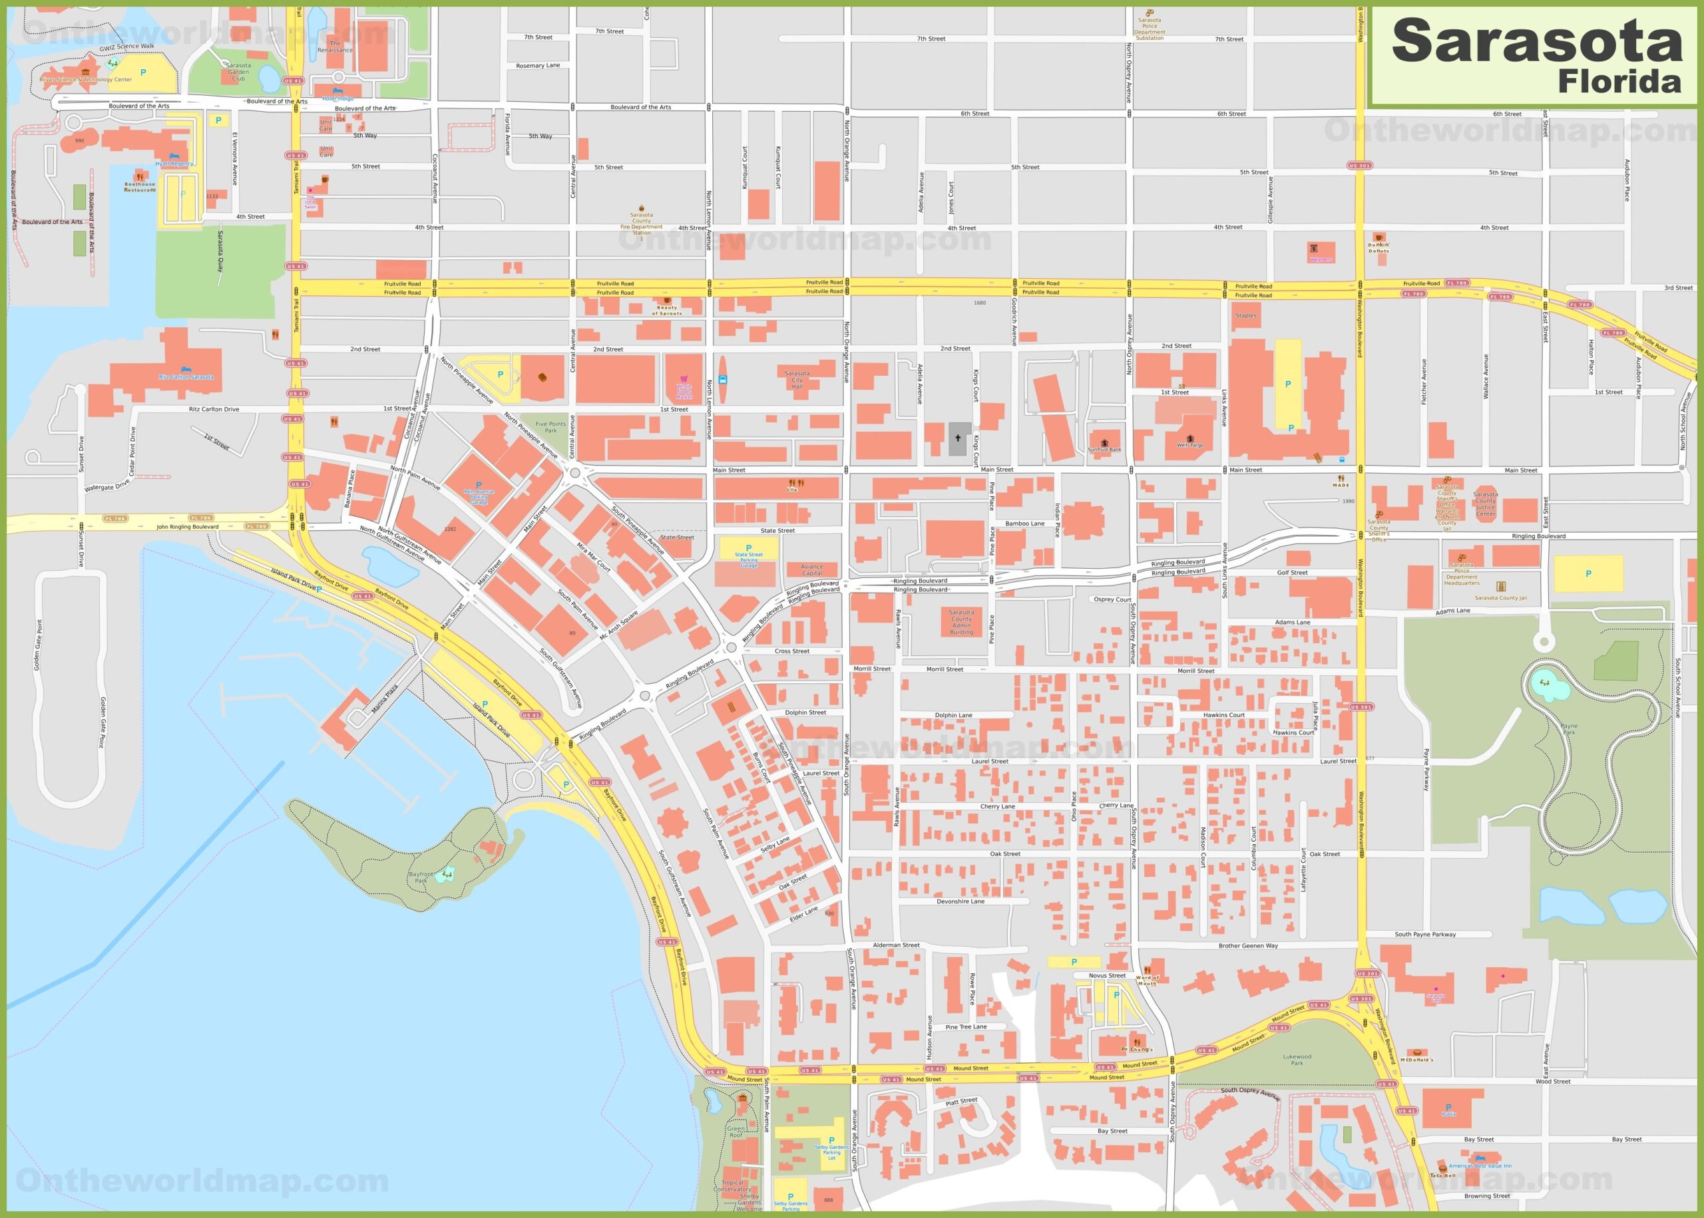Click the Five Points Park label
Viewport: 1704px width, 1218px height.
pyautogui.click(x=550, y=427)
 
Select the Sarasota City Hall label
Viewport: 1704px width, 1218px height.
pyautogui.click(x=797, y=379)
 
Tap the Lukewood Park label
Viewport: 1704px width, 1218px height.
pyautogui.click(x=1297, y=1059)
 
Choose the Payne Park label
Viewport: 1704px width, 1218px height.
pyautogui.click(x=1569, y=729)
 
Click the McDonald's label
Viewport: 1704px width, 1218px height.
pyautogui.click(x=1416, y=1059)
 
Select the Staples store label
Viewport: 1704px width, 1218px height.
pyautogui.click(x=1245, y=316)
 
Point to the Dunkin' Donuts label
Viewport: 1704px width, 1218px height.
pyautogui.click(x=1379, y=247)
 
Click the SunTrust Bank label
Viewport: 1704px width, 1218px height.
pyautogui.click(x=1104, y=449)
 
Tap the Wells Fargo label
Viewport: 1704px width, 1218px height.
pyautogui.click(x=1190, y=445)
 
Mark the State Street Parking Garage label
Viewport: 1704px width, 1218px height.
pyautogui.click(x=748, y=558)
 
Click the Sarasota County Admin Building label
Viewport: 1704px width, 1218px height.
pyautogui.click(x=961, y=622)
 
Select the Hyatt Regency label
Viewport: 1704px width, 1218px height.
pyautogui.click(x=174, y=164)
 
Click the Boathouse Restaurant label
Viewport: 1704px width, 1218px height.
pyautogui.click(x=140, y=187)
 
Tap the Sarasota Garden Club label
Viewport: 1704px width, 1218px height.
pyautogui.click(x=238, y=72)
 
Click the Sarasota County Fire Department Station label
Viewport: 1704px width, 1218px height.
pyautogui.click(x=642, y=224)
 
